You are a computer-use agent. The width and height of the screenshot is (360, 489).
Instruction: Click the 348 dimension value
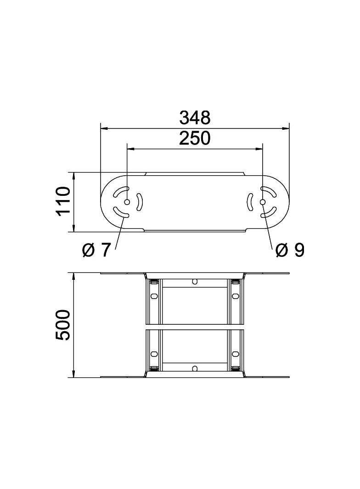(x=195, y=117)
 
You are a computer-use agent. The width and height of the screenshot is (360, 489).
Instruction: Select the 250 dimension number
(x=195, y=138)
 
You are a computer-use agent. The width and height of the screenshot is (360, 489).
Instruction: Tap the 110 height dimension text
(x=62, y=201)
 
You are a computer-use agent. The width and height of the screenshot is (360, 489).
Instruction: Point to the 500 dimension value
(x=62, y=325)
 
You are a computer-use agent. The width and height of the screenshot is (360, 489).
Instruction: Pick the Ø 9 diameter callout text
(x=290, y=250)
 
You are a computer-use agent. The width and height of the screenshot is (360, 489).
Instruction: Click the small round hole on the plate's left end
(x=127, y=202)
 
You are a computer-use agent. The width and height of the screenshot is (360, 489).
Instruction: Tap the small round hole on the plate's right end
(x=262, y=202)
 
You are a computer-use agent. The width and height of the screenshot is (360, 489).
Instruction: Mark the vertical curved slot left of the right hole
(x=249, y=202)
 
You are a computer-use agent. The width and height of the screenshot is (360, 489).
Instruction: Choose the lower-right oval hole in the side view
(x=236, y=354)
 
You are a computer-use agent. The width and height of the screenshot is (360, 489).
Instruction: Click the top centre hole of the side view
(x=195, y=281)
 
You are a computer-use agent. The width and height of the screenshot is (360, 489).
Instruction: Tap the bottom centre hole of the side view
(x=195, y=368)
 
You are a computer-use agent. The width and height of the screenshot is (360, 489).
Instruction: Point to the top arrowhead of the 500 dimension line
(x=73, y=276)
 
